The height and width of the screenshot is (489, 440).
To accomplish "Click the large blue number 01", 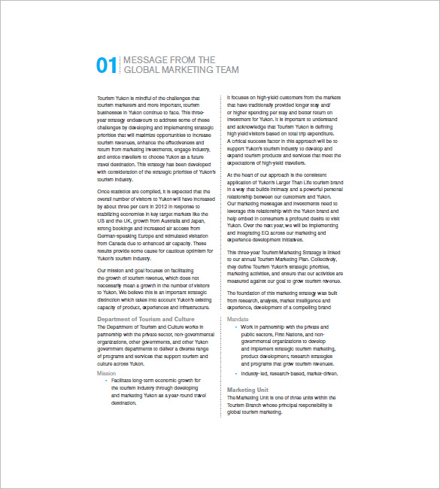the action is (x=106, y=65).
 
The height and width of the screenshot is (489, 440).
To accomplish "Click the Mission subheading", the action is (x=107, y=373).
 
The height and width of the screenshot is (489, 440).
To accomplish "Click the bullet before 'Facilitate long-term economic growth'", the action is (x=106, y=381).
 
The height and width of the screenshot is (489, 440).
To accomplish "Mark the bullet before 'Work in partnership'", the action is (x=236, y=328).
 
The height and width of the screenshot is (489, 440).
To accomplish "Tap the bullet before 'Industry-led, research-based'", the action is (x=236, y=373).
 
